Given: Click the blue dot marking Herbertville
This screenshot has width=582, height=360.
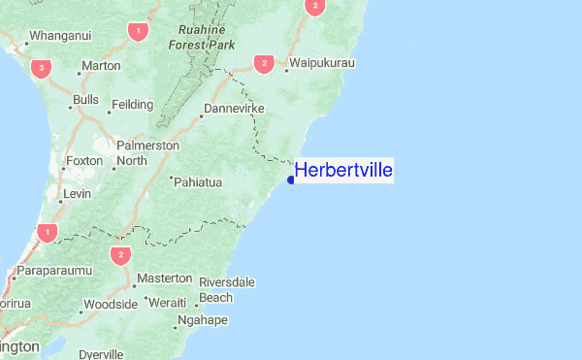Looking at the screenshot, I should [291, 180].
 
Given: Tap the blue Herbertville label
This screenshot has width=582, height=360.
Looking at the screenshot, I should [343, 171].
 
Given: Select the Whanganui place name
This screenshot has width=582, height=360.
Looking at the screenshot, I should [60, 36].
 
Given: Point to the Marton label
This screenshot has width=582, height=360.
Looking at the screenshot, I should [101, 66].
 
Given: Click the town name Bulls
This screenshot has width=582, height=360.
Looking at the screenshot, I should [85, 100].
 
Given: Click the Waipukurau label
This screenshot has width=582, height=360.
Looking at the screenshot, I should [324, 63].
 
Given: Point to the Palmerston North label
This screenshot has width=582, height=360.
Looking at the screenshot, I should [147, 152].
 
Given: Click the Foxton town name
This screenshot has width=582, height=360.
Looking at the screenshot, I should [82, 160].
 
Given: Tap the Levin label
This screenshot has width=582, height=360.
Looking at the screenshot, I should [77, 194].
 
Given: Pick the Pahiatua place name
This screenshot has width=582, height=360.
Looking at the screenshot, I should [199, 181].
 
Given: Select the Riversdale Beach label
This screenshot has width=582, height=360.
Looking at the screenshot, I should [227, 289].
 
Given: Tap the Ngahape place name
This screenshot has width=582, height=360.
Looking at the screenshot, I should [203, 320].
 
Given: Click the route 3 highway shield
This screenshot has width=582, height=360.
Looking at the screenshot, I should [41, 68].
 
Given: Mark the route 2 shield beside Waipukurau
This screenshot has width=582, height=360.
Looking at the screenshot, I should [263, 63].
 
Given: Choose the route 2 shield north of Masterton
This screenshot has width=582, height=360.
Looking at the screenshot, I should [120, 255].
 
